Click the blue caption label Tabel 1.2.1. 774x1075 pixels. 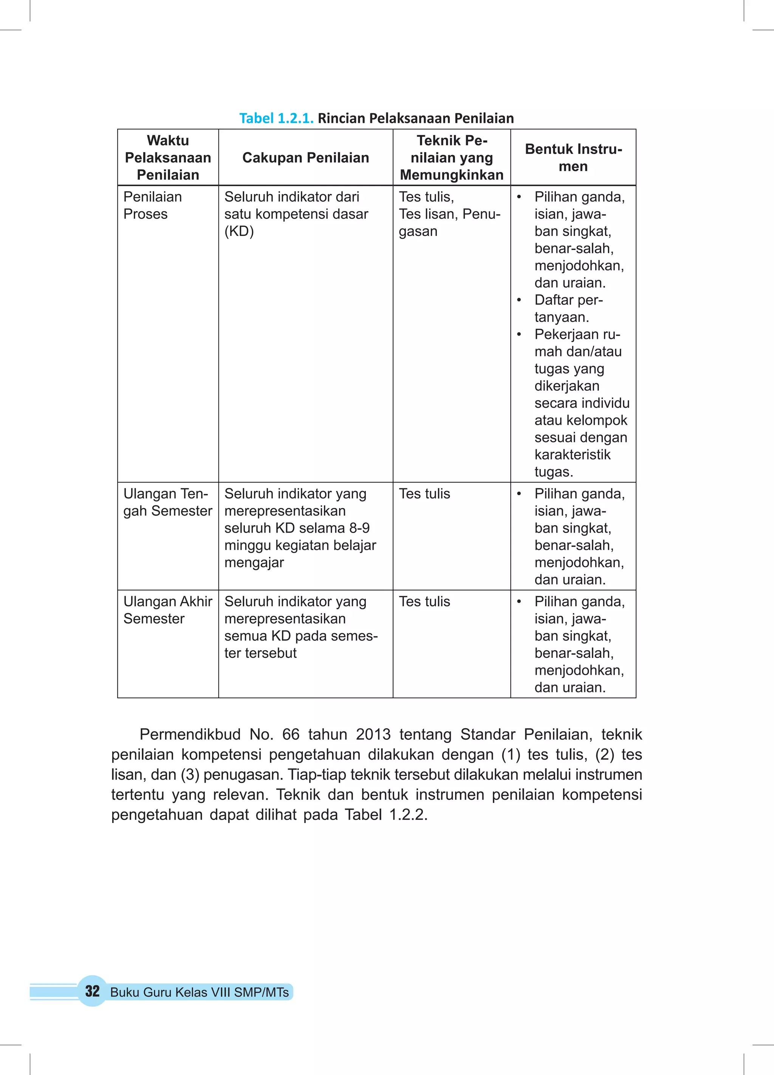(276, 118)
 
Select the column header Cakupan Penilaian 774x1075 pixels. (305, 157)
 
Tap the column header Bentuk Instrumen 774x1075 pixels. (573, 157)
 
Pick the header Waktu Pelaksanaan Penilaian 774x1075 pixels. (168, 157)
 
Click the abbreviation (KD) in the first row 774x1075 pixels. (239, 231)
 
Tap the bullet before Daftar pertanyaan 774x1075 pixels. (519, 300)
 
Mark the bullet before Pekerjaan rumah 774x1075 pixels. (519, 335)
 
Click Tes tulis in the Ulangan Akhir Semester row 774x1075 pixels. (424, 601)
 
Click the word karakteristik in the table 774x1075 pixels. (572, 455)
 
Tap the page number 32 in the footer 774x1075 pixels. (92, 991)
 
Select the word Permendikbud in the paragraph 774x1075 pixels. (190, 734)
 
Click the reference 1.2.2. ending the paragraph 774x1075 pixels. (408, 815)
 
